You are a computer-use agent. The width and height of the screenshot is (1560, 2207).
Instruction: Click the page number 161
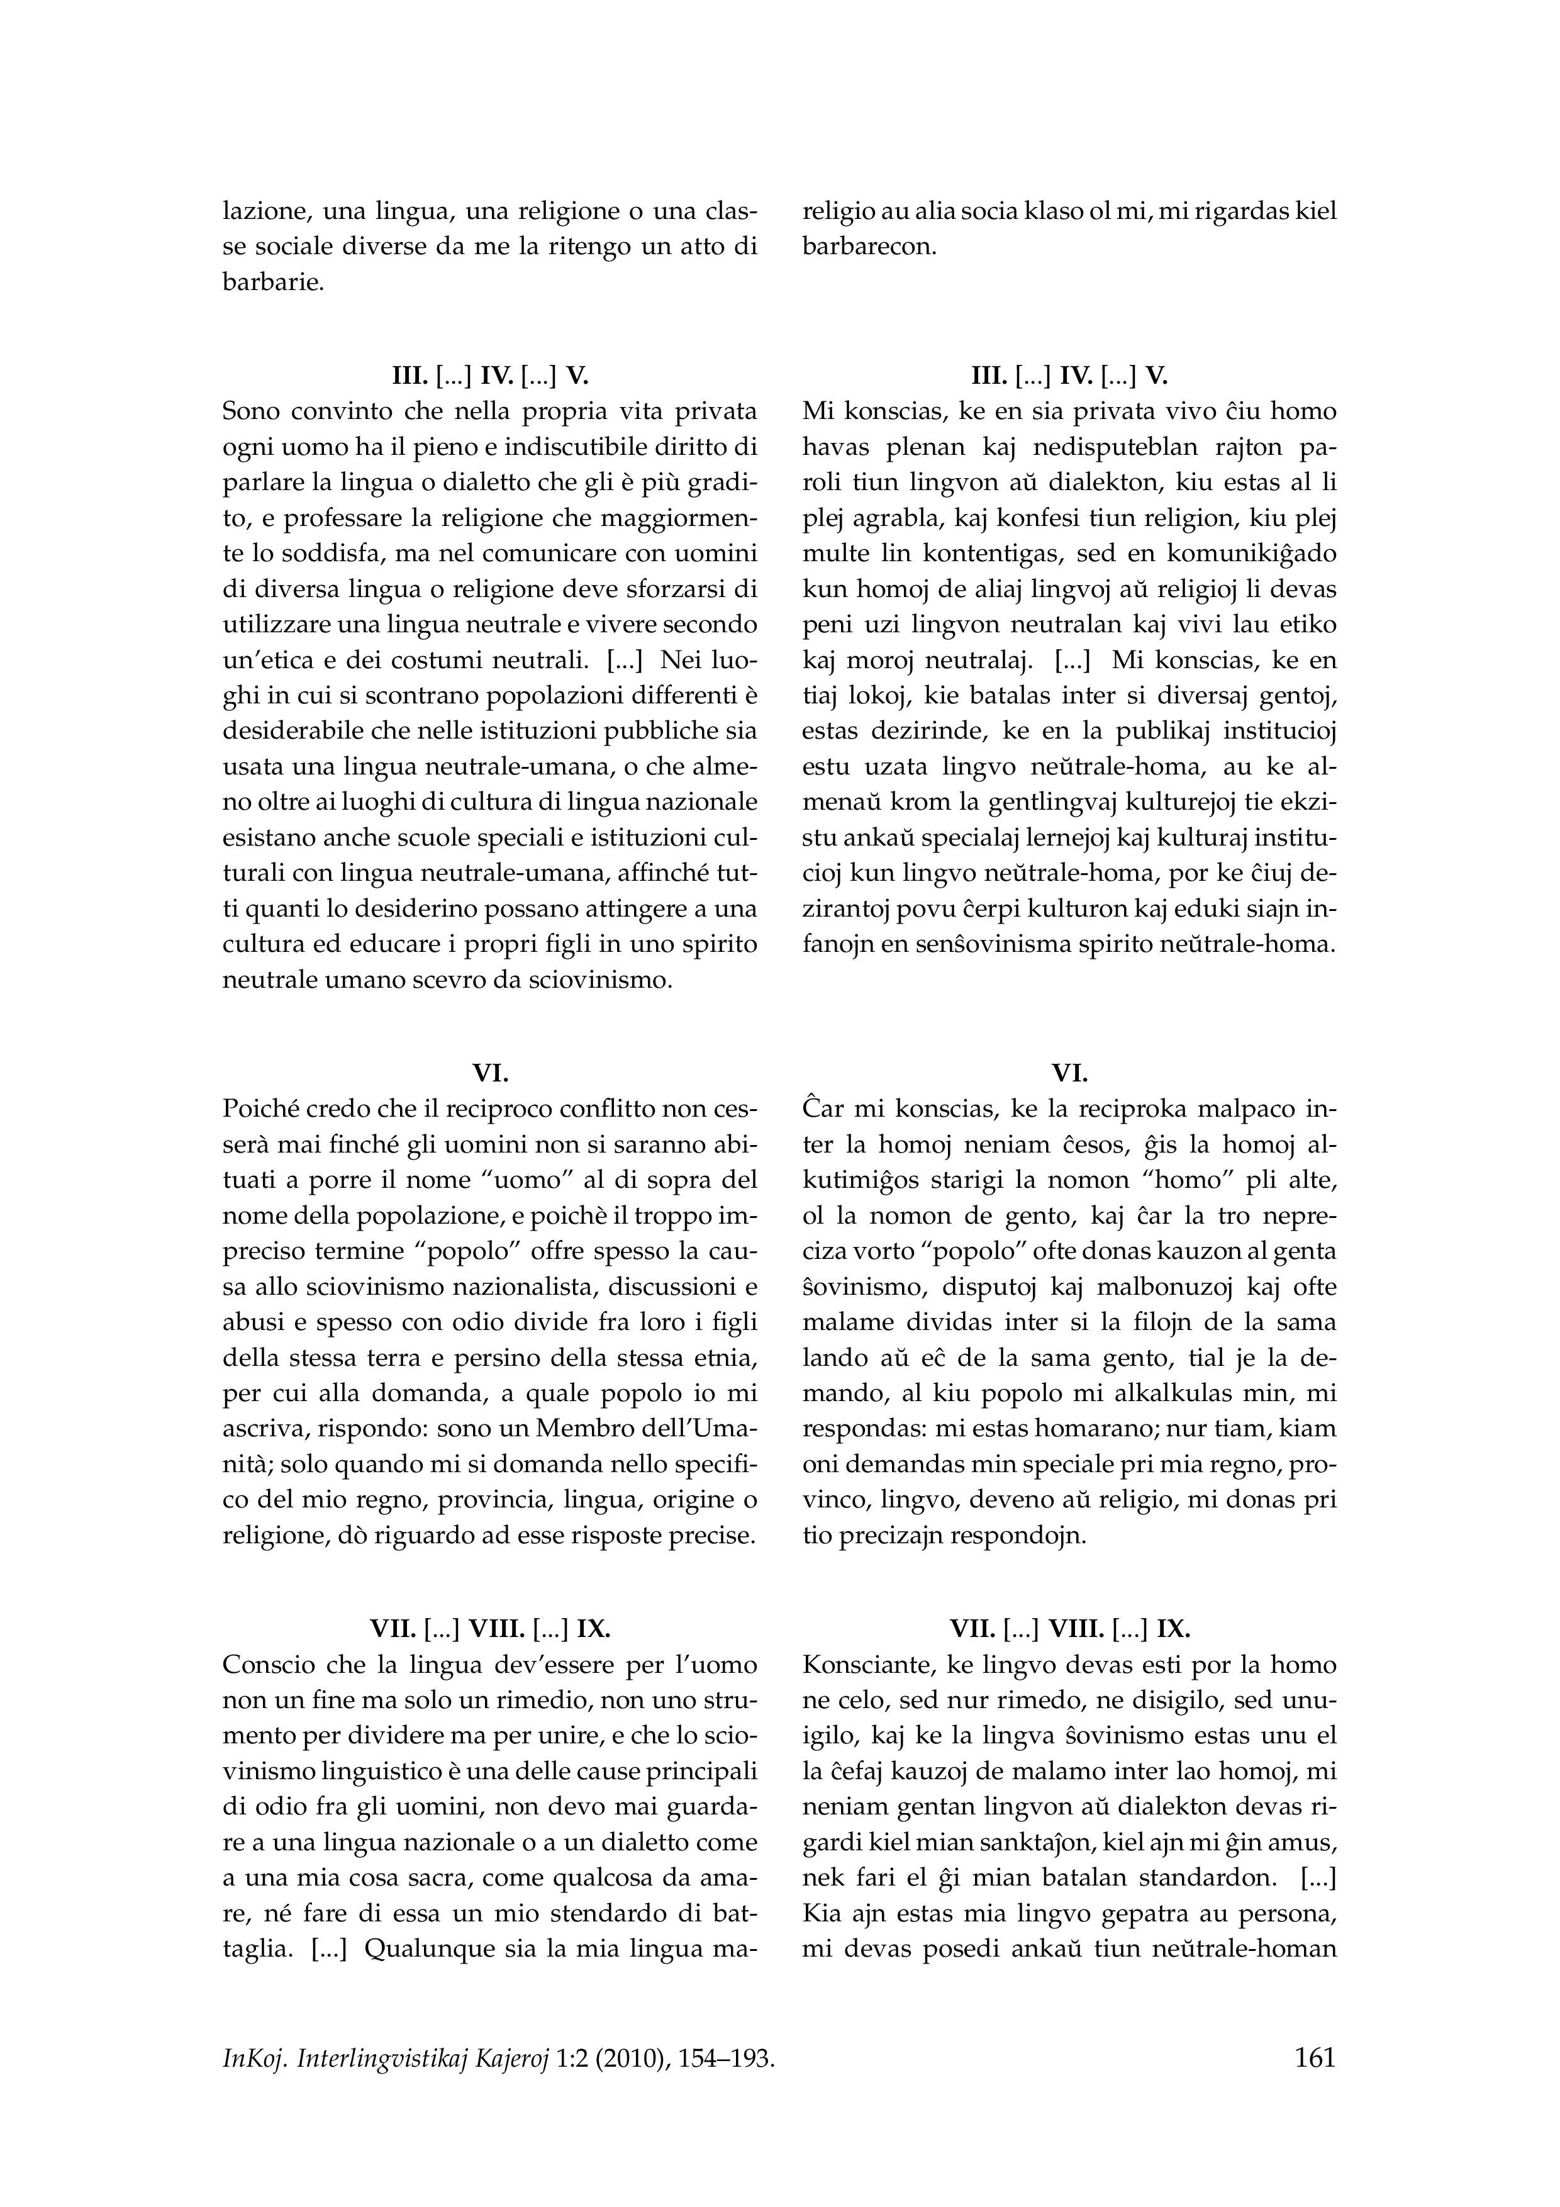click(1315, 2058)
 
